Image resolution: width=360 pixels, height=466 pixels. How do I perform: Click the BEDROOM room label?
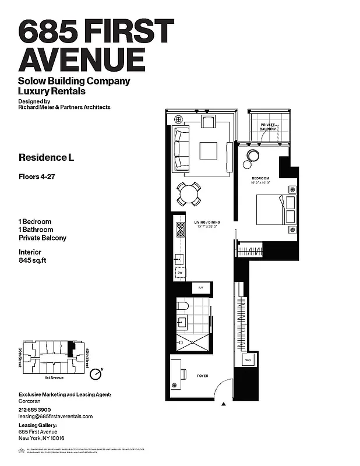click(x=260, y=178)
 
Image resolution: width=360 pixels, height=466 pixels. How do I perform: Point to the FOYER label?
click(x=202, y=376)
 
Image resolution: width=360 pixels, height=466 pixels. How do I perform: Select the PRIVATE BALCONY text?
click(x=267, y=128)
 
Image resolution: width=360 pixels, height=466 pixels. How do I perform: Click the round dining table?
click(x=189, y=194)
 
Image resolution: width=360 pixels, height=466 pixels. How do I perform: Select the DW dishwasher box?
click(x=180, y=273)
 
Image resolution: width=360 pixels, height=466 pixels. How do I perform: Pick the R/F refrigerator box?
click(x=200, y=288)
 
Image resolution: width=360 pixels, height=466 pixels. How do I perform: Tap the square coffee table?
click(x=209, y=151)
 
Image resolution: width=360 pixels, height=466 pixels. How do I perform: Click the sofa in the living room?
click(x=181, y=150)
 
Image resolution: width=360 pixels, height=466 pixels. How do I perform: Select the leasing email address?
click(x=56, y=416)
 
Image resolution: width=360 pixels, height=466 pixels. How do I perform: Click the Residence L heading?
click(x=47, y=157)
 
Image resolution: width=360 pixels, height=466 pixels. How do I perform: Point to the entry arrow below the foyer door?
click(x=224, y=403)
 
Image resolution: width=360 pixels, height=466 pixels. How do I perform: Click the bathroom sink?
click(x=182, y=322)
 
